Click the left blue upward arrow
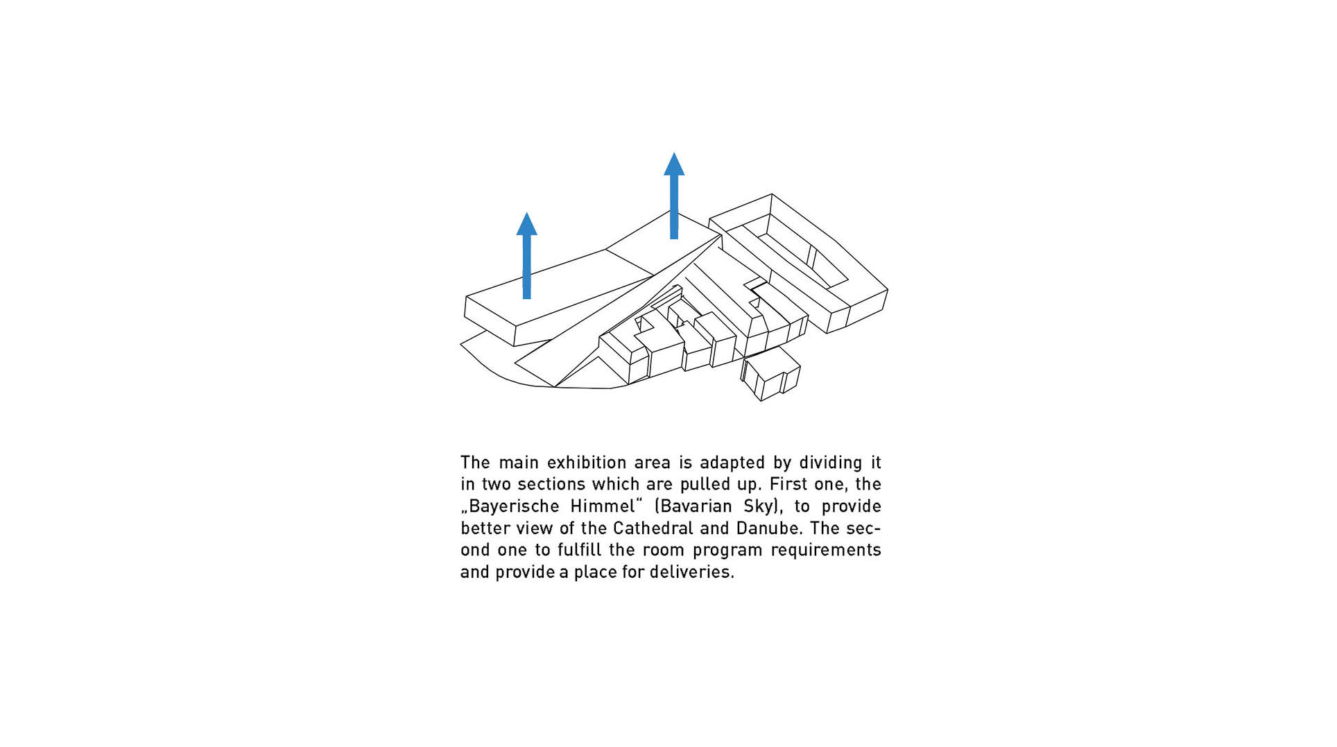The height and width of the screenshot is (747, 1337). tap(526, 255)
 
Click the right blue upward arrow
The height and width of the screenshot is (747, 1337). tap(674, 196)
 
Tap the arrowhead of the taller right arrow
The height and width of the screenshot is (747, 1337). tap(674, 164)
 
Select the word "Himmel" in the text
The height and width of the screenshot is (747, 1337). tap(603, 506)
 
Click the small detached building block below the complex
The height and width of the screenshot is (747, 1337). tap(770, 374)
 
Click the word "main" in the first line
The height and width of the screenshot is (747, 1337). tap(518, 463)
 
